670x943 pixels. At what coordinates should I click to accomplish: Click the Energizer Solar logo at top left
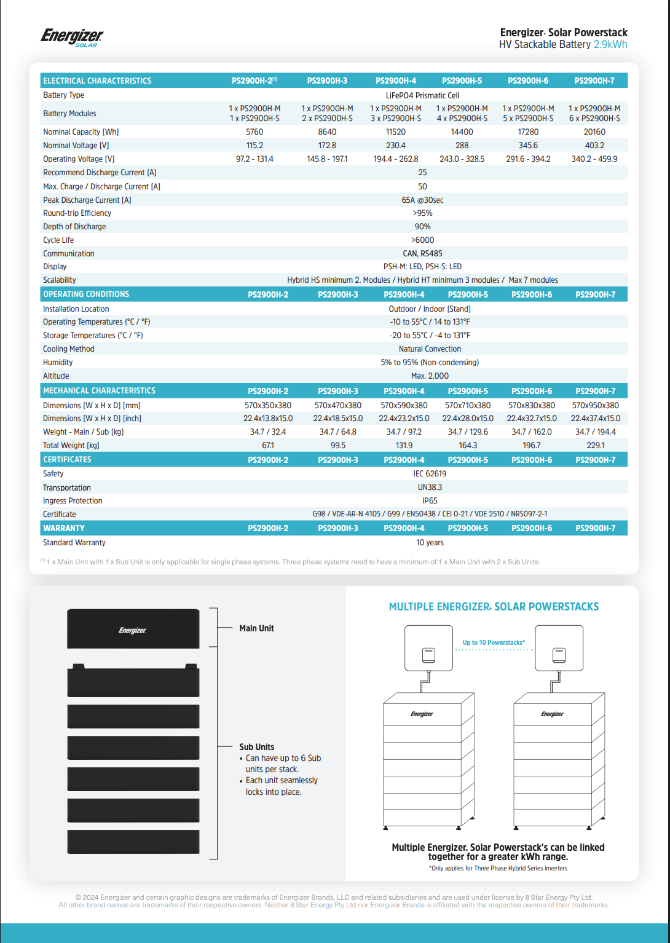point(72,37)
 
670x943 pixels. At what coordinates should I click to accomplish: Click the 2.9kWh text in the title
point(610,44)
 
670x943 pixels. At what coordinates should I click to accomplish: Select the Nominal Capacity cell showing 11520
point(395,132)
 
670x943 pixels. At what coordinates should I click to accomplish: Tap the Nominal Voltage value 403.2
point(594,146)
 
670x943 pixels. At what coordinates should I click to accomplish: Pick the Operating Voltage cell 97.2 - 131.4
point(254,159)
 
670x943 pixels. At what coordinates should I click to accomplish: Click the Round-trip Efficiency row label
point(77,213)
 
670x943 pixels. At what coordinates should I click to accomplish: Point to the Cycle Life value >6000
point(422,240)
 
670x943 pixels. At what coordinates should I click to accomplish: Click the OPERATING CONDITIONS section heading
point(86,294)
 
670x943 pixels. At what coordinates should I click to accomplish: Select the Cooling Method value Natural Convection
point(430,349)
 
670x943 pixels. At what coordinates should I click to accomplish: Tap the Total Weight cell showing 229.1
point(595,446)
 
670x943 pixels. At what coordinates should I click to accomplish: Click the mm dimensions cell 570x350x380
point(268,406)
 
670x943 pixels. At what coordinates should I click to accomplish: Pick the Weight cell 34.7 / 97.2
point(404,432)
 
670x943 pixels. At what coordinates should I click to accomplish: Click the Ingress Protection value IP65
point(430,501)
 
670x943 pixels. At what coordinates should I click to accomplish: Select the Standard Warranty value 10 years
point(430,543)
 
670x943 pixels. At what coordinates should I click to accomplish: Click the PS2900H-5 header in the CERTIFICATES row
point(468,460)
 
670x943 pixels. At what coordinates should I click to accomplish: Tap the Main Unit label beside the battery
point(256,628)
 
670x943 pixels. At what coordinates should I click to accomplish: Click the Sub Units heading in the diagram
point(256,747)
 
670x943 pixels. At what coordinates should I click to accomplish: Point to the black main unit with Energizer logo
point(133,629)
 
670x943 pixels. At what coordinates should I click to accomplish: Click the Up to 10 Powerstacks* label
point(494,642)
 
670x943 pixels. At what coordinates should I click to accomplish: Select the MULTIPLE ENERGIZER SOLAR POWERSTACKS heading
point(494,607)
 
